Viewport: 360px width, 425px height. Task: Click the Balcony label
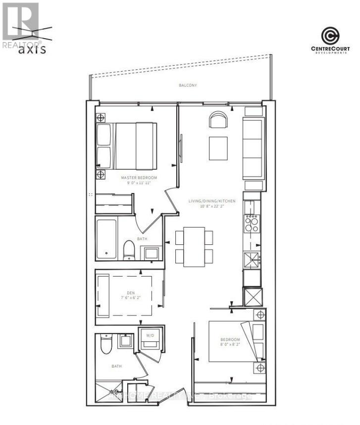coord(188,86)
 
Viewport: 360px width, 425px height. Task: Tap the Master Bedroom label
coord(139,177)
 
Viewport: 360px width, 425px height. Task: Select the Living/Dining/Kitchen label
coord(211,201)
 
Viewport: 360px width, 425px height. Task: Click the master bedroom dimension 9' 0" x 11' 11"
coord(139,183)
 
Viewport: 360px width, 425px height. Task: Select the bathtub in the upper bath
coord(106,238)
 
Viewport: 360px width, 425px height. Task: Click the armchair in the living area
coord(218,120)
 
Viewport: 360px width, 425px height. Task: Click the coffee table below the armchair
coord(218,148)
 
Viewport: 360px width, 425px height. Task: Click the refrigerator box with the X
coord(254,297)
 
